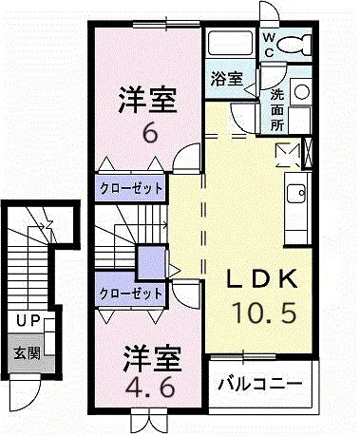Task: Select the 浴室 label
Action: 227,79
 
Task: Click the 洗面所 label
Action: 277,110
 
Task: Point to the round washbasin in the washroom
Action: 301,92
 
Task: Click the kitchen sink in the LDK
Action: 296,194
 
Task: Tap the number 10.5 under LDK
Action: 264,313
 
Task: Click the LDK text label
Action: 262,278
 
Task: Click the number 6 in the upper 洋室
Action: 150,133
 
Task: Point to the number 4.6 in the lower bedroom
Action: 150,387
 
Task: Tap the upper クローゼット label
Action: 131,189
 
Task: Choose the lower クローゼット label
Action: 131,294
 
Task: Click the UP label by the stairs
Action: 28,321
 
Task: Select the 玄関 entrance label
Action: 27,352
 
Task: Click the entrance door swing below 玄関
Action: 25,393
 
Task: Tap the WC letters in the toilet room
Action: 269,45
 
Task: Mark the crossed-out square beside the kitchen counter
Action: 288,155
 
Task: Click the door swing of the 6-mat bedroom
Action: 187,158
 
